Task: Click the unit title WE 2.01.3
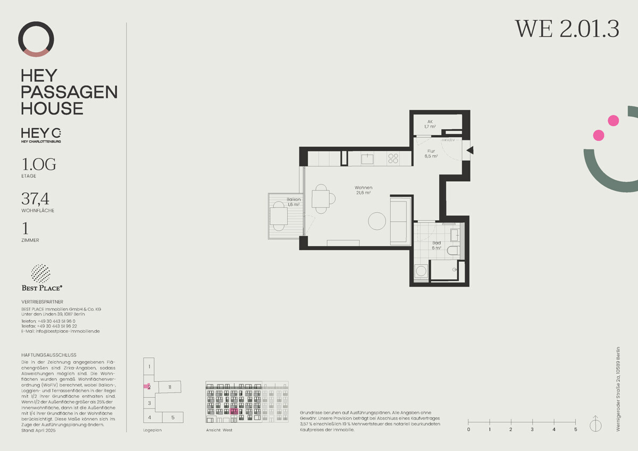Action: [567, 28]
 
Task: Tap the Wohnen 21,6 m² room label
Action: [364, 190]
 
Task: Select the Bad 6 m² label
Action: [436, 245]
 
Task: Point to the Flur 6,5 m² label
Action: [432, 154]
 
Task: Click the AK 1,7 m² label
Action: [429, 124]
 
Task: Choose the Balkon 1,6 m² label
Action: [294, 202]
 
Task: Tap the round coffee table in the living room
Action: [377, 221]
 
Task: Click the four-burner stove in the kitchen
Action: [393, 158]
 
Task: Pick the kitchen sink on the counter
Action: [368, 158]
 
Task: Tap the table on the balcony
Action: [279, 216]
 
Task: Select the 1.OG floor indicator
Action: [38, 164]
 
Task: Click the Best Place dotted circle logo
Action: [41, 273]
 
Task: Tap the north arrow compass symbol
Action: [596, 425]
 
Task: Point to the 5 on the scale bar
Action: [575, 429]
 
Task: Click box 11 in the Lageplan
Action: [169, 387]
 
